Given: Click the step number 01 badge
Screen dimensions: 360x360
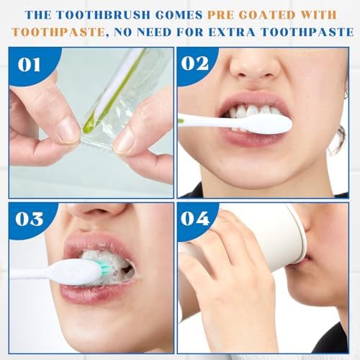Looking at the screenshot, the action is (x=29, y=64).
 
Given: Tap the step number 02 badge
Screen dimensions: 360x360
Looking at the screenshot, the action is (x=195, y=63).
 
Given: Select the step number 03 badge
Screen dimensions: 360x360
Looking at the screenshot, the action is (x=30, y=219).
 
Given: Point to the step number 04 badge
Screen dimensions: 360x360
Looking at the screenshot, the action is (x=195, y=218).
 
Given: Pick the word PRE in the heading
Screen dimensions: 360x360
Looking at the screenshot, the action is (x=221, y=15).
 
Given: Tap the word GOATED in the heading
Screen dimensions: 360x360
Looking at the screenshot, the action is (x=267, y=15).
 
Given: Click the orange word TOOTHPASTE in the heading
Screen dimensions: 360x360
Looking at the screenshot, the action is (x=58, y=32).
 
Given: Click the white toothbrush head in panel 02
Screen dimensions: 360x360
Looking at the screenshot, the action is (x=269, y=125).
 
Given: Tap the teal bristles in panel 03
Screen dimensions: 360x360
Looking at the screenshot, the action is (x=104, y=269).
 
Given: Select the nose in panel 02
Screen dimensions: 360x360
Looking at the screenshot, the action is (x=254, y=63).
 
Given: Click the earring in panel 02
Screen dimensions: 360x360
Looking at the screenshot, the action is (x=345, y=95).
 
